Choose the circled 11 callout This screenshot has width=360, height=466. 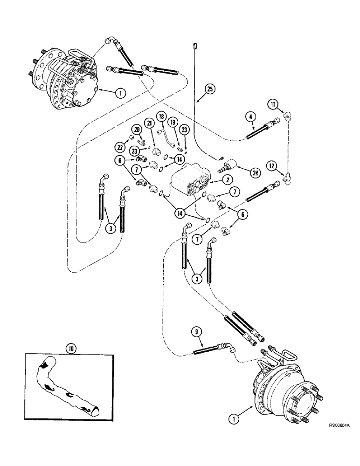(272, 105)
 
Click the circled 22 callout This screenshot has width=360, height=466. (121, 147)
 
